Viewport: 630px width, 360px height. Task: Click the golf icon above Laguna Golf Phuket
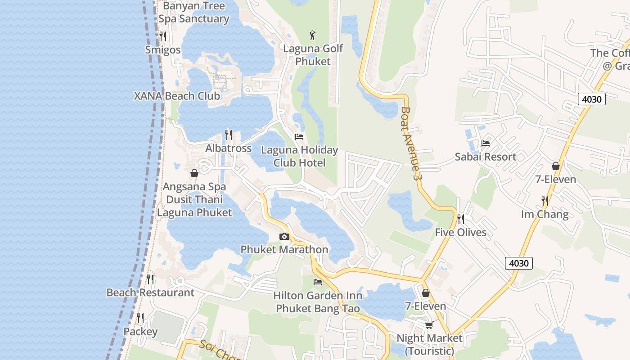313,35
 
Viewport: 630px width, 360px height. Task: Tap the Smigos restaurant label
163,50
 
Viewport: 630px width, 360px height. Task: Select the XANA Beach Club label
177,96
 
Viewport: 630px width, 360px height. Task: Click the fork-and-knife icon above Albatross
229,135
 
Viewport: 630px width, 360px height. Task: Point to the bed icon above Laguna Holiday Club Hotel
299,137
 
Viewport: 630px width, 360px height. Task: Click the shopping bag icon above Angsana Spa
194,173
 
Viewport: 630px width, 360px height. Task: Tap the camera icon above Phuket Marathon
284,237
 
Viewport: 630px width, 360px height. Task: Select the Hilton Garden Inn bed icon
318,282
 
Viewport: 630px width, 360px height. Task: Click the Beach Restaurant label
150,292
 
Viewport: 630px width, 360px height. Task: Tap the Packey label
140,332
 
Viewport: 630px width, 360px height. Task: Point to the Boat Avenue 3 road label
411,144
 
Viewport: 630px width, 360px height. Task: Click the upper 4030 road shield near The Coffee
591,99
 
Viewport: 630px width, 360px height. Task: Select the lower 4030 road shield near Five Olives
518,263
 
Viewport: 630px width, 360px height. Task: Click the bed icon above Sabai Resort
486,144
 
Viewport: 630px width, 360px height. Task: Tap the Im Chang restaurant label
544,214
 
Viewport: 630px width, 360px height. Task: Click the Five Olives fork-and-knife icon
461,219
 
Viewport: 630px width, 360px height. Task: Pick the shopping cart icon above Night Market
429,325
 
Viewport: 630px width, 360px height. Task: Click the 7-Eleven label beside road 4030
555,180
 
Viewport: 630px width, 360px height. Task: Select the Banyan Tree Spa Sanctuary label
193,12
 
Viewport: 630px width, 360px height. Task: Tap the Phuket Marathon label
284,249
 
